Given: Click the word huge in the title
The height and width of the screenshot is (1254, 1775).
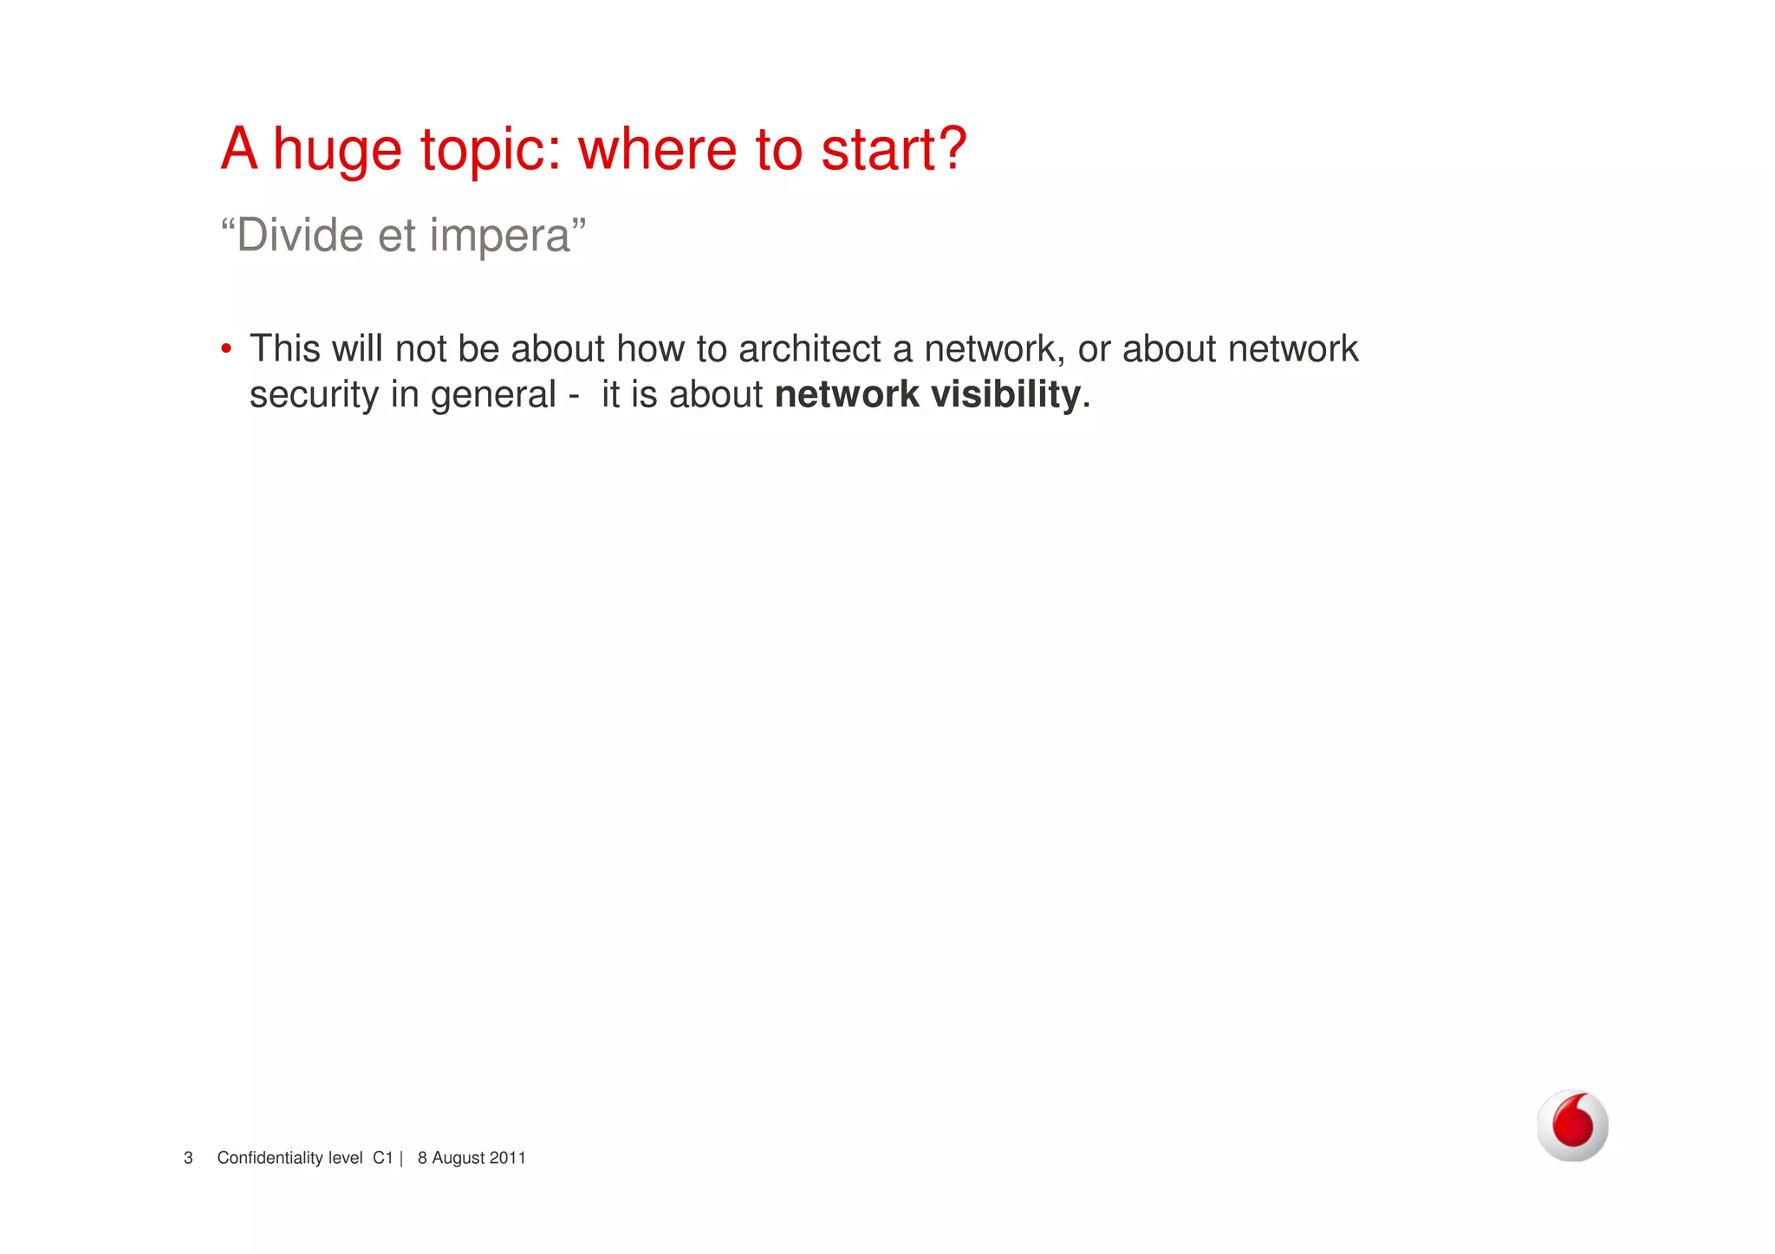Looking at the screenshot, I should (x=337, y=151).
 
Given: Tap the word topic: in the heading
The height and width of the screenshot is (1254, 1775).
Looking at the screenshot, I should (x=491, y=151).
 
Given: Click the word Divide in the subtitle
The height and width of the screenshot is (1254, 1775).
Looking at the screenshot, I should (x=299, y=235).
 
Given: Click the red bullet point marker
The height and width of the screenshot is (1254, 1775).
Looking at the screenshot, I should (x=226, y=349).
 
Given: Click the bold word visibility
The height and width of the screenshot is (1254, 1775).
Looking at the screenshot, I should (x=1005, y=394).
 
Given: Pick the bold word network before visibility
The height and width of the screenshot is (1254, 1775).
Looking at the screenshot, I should (x=847, y=394).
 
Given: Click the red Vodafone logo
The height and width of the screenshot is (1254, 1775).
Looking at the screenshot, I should (x=1572, y=1125).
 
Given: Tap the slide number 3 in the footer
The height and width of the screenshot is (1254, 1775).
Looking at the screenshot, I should (x=188, y=1158).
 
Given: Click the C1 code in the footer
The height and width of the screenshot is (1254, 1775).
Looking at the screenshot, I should (x=383, y=1158).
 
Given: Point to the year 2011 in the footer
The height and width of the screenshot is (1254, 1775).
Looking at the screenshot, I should (x=508, y=1158).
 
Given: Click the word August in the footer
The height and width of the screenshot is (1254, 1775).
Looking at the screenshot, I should (x=458, y=1158).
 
